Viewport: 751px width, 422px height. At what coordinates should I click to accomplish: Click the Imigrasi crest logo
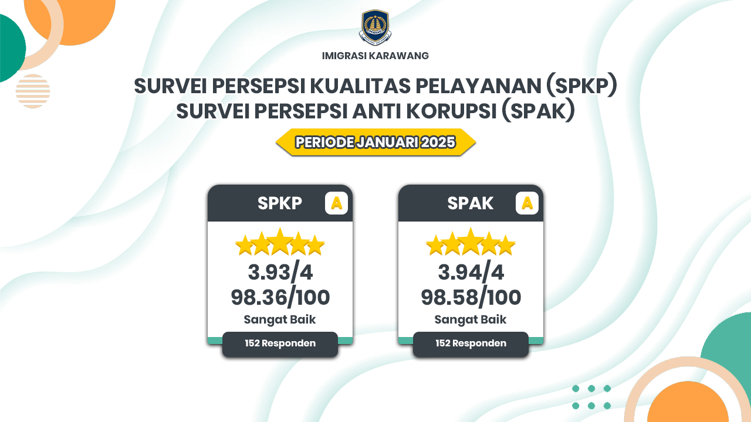(x=375, y=28)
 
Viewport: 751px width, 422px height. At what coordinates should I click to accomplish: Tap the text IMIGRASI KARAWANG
(x=375, y=56)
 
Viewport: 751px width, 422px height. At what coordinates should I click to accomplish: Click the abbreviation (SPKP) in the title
(x=581, y=86)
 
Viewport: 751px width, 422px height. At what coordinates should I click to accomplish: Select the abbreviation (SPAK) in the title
(x=538, y=111)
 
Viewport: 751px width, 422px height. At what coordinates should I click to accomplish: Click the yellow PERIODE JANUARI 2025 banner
(x=375, y=142)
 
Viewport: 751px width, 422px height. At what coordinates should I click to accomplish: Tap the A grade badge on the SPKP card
(x=336, y=203)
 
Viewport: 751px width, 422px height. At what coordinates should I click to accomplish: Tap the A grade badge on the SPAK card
(x=527, y=203)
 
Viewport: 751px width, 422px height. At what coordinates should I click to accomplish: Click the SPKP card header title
(x=280, y=203)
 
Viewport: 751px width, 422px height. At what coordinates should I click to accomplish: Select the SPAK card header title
(x=471, y=203)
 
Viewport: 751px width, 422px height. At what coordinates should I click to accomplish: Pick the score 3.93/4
(x=280, y=272)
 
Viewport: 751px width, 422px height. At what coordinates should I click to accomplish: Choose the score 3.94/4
(x=471, y=272)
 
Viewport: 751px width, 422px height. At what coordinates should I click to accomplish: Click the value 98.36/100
(x=280, y=297)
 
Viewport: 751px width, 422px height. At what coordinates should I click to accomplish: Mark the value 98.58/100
(x=471, y=297)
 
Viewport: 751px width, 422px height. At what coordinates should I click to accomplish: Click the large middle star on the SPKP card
(x=280, y=242)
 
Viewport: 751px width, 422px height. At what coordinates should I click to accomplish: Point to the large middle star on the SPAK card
(x=471, y=242)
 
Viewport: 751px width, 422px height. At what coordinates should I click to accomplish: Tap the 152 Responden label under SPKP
(x=280, y=343)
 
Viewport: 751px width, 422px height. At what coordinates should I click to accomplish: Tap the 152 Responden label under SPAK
(x=471, y=343)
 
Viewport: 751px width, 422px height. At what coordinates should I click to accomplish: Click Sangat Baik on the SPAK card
(x=471, y=319)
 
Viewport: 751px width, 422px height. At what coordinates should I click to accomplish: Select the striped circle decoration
(x=33, y=91)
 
